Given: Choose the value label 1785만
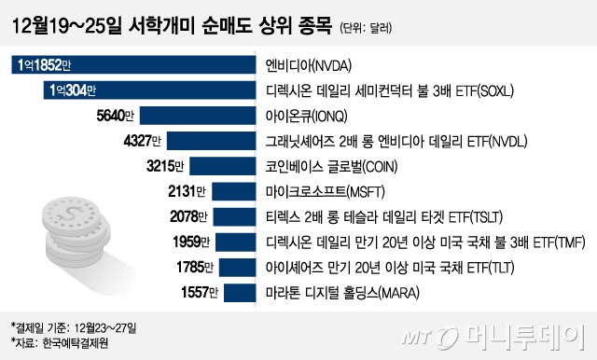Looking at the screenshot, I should pyautogui.click(x=192, y=270).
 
